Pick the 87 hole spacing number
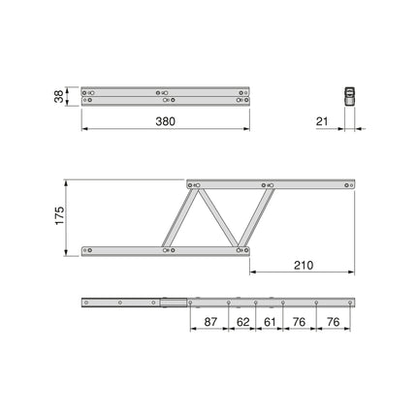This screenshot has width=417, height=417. point(208,322)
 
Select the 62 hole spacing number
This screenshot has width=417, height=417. point(242,322)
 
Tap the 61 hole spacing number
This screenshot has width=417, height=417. point(270,322)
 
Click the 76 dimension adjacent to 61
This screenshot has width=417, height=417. point(299,322)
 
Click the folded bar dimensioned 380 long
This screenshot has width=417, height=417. point(166,95)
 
